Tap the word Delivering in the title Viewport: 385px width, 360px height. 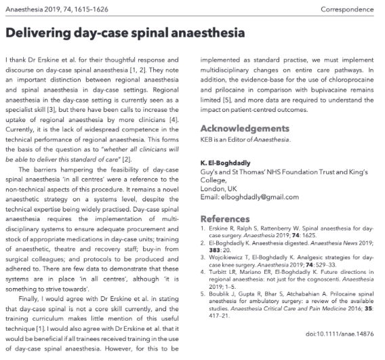tap(41, 32)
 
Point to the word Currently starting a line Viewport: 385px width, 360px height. tap(22, 121)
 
